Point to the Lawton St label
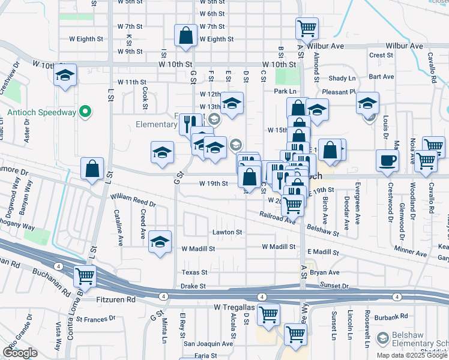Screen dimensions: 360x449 tap(227, 232)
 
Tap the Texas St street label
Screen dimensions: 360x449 tap(194, 272)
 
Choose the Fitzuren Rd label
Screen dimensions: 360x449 tap(116, 299)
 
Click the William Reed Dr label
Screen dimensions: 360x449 tap(132, 200)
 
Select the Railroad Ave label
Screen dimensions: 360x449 tap(277, 217)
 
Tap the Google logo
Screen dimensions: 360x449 tap(20, 353)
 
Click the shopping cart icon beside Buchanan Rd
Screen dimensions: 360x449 tap(85, 276)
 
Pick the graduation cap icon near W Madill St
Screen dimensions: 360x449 tap(160, 241)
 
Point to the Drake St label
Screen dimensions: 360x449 tap(193, 287)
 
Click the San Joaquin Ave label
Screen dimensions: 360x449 tap(208, 344)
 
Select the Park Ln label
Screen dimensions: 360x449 tap(286, 91)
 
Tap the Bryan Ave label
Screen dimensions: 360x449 tap(325, 272)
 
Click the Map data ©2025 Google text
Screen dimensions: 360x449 tap(412, 355)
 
